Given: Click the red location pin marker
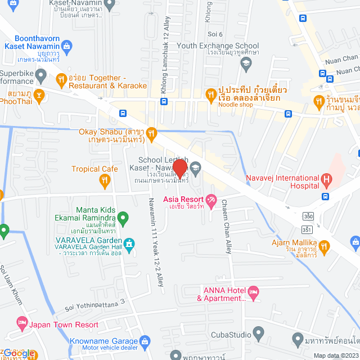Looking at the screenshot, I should (x=179, y=168).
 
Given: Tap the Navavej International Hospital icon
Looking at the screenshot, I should (x=326, y=181).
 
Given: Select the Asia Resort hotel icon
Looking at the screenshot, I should (x=211, y=199).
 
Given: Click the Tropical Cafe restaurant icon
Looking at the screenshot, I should (x=104, y=180).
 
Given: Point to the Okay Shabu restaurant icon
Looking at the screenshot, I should (x=151, y=133).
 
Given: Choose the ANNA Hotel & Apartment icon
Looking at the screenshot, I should (x=254, y=291).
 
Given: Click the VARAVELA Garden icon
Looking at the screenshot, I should (x=130, y=243).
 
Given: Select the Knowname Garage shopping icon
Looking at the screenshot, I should (x=146, y=341).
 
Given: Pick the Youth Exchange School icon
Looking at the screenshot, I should (x=245, y=65).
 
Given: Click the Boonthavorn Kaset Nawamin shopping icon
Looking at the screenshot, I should (x=67, y=46).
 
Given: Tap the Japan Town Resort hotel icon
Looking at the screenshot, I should (x=22, y=325).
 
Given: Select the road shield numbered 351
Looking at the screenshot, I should (x=307, y=229).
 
